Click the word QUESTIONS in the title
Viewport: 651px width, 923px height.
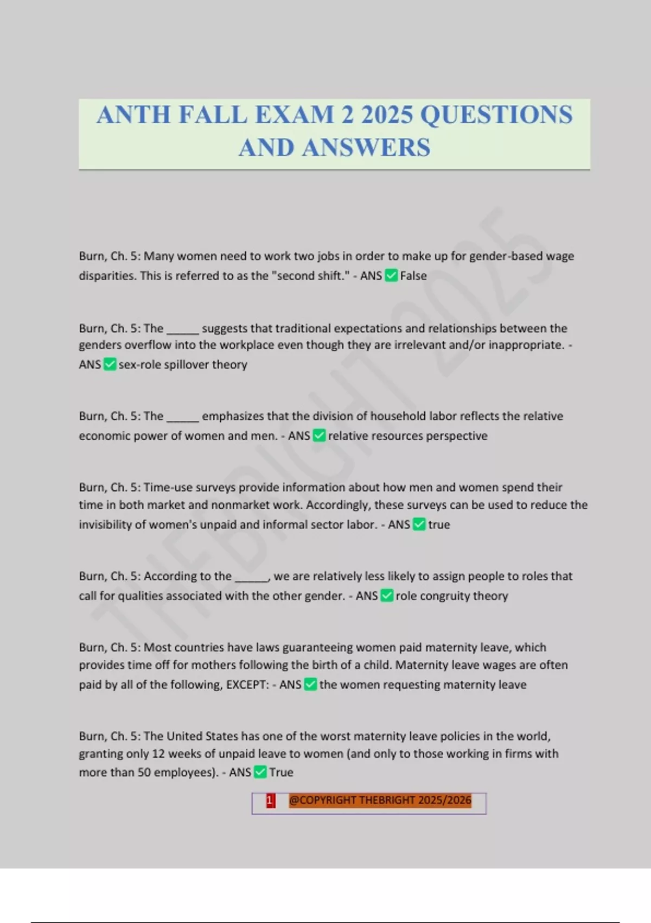pyautogui.click(x=496, y=115)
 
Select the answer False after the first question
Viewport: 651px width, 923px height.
pyautogui.click(x=413, y=276)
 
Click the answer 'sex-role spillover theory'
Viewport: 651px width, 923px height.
pyautogui.click(x=183, y=364)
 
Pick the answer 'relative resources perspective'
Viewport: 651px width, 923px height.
pyautogui.click(x=407, y=435)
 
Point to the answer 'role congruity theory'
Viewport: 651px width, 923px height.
pyautogui.click(x=451, y=596)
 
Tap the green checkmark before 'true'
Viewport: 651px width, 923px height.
pyautogui.click(x=419, y=524)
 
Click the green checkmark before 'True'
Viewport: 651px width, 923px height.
pyautogui.click(x=260, y=772)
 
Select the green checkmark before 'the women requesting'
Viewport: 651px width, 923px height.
pyautogui.click(x=310, y=684)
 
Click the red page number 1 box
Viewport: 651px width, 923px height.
pyautogui.click(x=270, y=801)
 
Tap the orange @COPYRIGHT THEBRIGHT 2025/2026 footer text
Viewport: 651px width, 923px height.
pyautogui.click(x=380, y=800)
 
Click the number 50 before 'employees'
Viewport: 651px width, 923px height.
pyautogui.click(x=144, y=772)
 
